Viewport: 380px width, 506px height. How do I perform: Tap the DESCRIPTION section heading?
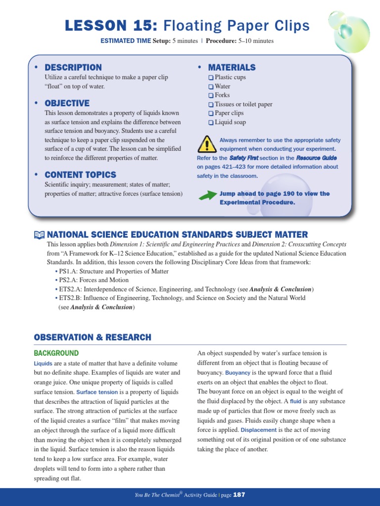73,67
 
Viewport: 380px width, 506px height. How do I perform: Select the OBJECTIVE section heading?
67,103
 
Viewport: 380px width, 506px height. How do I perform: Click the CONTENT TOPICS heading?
80,174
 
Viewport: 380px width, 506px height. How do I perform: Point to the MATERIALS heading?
232,67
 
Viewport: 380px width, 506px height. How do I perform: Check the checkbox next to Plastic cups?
211,78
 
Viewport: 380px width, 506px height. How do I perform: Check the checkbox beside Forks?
211,95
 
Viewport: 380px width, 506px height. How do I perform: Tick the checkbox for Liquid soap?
211,123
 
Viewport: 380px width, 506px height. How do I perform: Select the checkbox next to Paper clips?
211,114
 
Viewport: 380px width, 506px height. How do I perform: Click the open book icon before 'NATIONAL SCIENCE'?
39,235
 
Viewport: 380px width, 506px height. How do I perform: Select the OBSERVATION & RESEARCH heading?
93,337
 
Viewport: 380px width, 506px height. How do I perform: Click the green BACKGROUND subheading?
56,353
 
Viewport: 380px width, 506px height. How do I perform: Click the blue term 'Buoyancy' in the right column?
237,373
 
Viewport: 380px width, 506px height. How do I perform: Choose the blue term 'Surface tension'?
97,392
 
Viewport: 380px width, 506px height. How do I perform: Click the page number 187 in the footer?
239,495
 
